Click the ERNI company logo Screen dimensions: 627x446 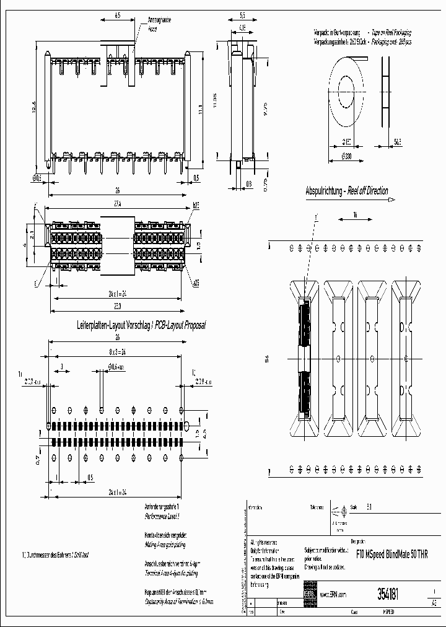(x=310, y=593)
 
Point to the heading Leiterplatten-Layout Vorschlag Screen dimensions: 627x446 (x=114, y=325)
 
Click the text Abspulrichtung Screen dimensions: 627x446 (x=325, y=191)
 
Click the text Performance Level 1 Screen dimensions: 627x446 (x=161, y=516)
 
